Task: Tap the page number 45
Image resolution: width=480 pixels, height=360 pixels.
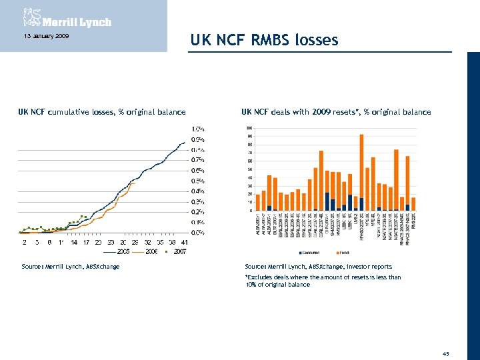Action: pyautogui.click(x=445, y=353)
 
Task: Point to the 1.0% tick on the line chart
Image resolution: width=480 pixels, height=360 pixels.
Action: pyautogui.click(x=198, y=129)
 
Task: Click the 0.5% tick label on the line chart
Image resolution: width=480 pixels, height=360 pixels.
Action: pyautogui.click(x=198, y=181)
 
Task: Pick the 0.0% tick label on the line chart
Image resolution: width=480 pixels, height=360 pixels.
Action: pyautogui.click(x=198, y=232)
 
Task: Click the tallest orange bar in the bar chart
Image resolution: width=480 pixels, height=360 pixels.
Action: pyautogui.click(x=361, y=167)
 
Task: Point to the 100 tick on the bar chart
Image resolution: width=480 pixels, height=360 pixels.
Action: pyautogui.click(x=249, y=128)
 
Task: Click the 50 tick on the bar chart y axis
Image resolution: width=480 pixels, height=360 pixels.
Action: pyautogui.click(x=249, y=169)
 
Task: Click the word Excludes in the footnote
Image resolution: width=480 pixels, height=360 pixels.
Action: pyautogui.click(x=261, y=277)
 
